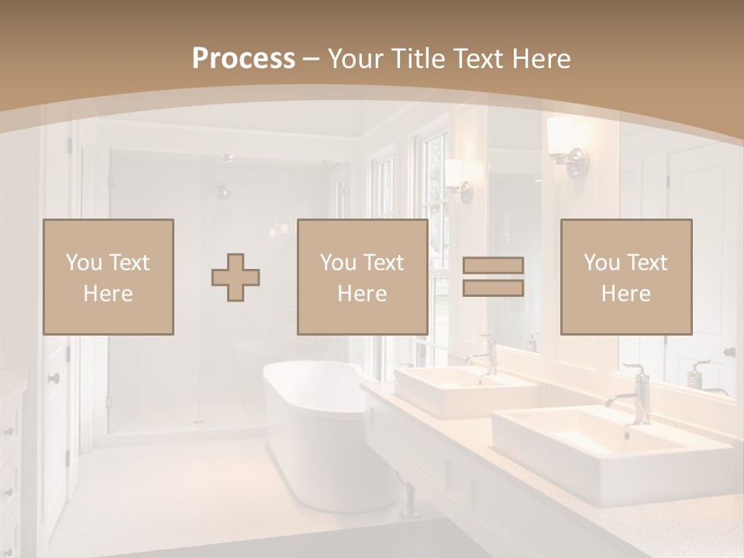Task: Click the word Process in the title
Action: click(243, 58)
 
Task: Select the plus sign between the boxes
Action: click(236, 277)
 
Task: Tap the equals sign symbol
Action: click(493, 277)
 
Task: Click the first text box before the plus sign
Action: click(108, 277)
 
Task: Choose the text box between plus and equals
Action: click(362, 277)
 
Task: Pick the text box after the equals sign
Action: click(625, 277)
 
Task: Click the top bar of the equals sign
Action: click(493, 265)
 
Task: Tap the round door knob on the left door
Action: click(54, 378)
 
